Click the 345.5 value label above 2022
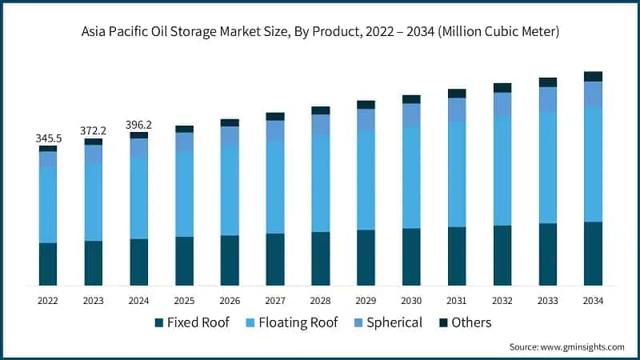point(48,138)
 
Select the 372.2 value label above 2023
point(94,130)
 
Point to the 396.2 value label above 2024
point(139,125)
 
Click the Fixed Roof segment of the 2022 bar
point(48,264)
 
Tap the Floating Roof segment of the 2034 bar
point(593,164)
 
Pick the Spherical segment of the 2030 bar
point(411,115)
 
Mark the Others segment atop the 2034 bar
point(593,76)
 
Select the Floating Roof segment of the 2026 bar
point(230,190)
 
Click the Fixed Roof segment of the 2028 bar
point(321,258)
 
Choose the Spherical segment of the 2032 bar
point(502,104)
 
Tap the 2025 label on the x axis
point(184,301)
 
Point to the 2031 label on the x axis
point(457,301)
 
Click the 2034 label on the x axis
point(593,301)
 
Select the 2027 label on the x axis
point(275,301)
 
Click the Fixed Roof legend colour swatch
point(159,323)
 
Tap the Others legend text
point(471,322)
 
